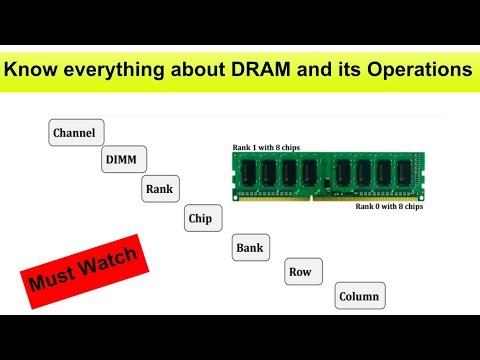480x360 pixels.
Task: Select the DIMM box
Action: pos(125,159)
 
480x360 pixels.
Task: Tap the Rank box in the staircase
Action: pos(160,187)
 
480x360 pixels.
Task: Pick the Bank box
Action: pos(250,246)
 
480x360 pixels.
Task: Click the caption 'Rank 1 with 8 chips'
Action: pos(268,146)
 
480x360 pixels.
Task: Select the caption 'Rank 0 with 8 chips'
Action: pos(389,207)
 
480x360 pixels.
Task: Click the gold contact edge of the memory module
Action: pos(329,196)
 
